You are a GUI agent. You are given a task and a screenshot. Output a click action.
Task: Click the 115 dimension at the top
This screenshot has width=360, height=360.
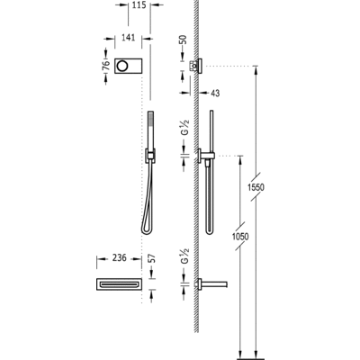[137, 6]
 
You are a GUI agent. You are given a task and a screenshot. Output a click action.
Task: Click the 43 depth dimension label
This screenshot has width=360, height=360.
[217, 93]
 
